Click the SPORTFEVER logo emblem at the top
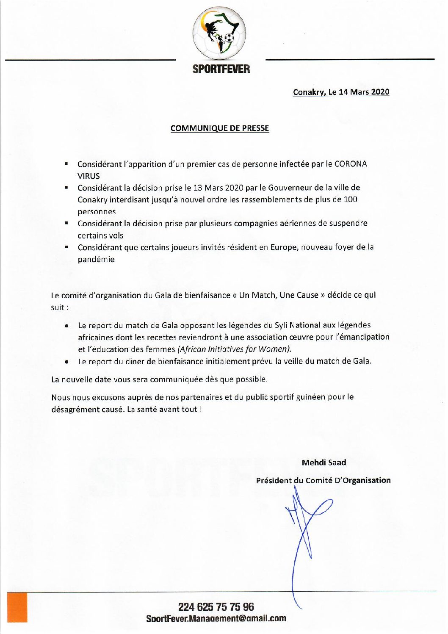point(219,33)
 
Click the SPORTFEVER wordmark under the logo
point(221,69)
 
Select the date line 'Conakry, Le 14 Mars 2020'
point(341,92)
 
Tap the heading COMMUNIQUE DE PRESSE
point(219,128)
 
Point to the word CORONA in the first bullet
point(351,164)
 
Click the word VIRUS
point(88,176)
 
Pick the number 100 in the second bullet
point(350,199)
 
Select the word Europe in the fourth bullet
point(284,247)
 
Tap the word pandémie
point(96,259)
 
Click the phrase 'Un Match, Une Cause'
point(279,295)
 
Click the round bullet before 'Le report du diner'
point(67,362)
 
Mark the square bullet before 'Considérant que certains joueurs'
point(66,246)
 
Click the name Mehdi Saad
point(324,462)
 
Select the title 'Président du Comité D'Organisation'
point(323,480)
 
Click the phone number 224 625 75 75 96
point(216,607)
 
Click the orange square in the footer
point(17,607)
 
